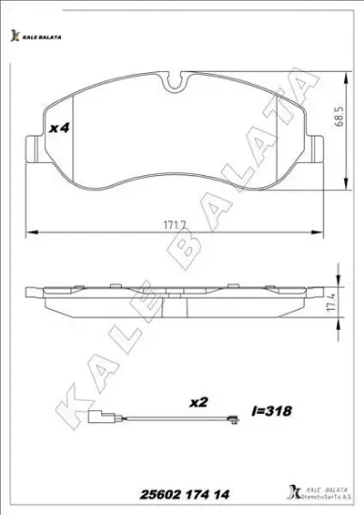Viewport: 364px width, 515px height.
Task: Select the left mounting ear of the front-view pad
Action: pyautogui.click(x=29, y=147)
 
